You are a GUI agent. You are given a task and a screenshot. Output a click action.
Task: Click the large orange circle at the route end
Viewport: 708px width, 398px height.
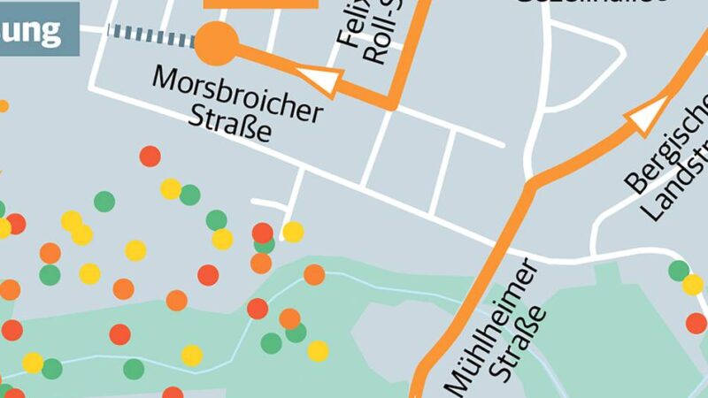coord(216,43)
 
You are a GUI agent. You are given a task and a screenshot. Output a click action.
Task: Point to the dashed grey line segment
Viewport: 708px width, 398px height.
coord(150,35)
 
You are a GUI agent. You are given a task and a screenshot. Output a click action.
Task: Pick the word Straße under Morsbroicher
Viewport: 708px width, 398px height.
coord(229,127)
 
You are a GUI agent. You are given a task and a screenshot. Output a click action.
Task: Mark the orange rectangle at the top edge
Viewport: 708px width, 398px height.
coord(260,4)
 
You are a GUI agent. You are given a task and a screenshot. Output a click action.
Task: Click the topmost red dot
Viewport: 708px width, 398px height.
coord(150,157)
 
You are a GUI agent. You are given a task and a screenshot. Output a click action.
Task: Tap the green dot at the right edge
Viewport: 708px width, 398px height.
coord(680,271)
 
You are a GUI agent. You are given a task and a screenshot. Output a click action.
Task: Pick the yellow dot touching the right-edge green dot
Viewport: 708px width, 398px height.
coord(692,285)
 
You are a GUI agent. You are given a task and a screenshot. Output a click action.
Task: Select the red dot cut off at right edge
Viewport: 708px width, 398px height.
coord(697,323)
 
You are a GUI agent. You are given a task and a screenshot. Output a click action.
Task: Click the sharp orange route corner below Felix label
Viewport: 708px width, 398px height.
coord(390,104)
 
